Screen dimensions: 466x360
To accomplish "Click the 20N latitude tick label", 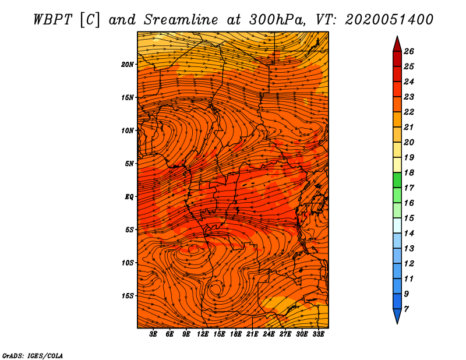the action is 128,65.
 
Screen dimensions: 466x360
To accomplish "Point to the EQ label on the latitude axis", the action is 129,197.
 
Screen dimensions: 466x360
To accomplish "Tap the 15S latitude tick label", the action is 128,296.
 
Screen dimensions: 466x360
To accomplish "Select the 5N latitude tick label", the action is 129,164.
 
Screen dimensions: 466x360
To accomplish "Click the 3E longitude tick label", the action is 153,334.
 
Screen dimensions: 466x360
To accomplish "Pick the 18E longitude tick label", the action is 236,334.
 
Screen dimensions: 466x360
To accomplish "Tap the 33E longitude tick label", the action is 318,334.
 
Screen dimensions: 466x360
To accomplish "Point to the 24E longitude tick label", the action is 269,334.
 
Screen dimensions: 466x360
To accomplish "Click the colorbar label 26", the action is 409,51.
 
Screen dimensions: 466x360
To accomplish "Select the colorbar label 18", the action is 409,172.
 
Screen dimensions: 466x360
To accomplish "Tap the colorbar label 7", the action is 406,309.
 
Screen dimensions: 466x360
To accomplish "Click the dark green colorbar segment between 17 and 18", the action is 397,180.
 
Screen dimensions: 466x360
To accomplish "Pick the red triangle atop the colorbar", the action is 397,44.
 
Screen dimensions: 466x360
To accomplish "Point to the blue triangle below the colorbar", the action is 397,316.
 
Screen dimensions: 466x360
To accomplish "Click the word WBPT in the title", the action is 53,20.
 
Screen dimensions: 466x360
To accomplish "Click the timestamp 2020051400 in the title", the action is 389,20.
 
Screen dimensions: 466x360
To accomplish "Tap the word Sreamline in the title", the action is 181,20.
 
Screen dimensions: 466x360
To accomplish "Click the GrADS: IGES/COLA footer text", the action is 33,355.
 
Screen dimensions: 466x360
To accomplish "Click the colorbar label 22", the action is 409,112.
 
